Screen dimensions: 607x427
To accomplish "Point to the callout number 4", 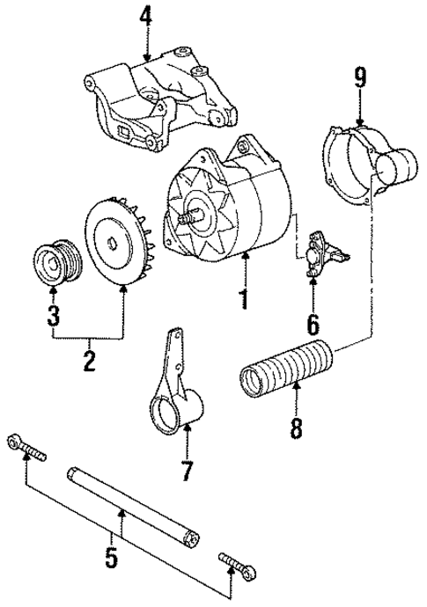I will pyautogui.click(x=145, y=17).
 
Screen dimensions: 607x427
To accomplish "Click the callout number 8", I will pyautogui.click(x=296, y=429).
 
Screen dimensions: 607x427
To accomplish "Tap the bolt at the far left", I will pyautogui.click(x=26, y=448).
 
